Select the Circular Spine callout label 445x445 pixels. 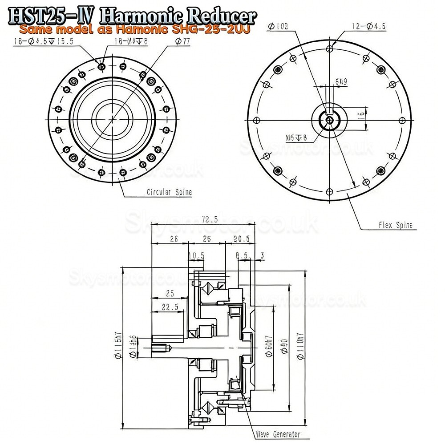(x=169, y=193)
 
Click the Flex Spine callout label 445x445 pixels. (x=395, y=225)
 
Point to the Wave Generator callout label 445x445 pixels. (x=277, y=434)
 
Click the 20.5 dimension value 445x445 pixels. (x=241, y=239)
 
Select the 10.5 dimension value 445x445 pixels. (x=196, y=255)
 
